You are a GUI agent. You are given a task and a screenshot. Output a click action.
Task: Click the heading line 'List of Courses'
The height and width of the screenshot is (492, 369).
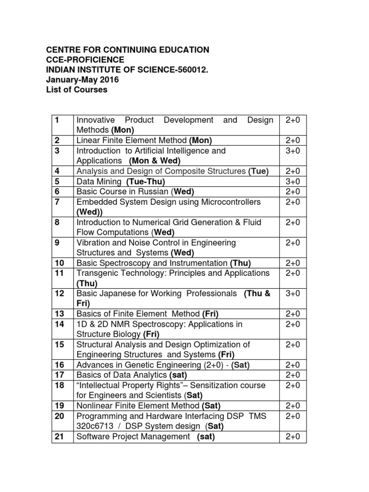click(77, 90)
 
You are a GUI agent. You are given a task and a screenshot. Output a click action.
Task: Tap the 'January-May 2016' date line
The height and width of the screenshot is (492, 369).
click(82, 80)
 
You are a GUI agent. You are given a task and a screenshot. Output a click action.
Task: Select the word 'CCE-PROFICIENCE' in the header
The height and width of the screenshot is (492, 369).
click(85, 60)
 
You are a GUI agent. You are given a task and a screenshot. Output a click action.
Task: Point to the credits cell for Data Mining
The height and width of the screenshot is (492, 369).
click(293, 182)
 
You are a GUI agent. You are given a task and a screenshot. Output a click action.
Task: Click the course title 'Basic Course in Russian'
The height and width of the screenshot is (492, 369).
click(117, 192)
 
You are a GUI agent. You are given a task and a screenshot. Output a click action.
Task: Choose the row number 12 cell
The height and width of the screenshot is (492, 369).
click(60, 294)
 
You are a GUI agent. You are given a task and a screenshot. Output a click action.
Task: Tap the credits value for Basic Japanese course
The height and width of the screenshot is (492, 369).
click(293, 294)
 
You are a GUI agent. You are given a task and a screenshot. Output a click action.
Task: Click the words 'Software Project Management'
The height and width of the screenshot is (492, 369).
click(134, 437)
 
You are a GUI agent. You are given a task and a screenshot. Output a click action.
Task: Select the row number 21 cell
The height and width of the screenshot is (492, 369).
click(60, 437)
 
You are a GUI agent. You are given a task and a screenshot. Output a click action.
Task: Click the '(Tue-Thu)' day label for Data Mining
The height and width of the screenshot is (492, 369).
click(146, 182)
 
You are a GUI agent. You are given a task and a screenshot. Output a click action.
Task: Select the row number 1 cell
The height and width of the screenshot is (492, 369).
click(57, 120)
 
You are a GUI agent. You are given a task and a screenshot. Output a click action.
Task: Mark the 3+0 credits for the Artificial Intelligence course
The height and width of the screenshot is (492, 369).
click(293, 151)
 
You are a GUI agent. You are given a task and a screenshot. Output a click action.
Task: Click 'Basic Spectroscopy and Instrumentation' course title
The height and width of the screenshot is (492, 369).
click(152, 263)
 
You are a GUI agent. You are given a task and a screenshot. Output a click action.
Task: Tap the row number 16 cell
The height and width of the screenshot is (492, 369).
click(60, 365)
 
